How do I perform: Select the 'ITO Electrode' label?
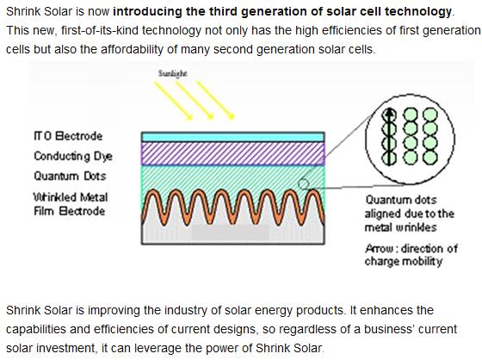click(x=68, y=136)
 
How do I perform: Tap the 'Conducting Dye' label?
click(x=73, y=156)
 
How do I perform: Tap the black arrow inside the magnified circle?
click(x=386, y=133)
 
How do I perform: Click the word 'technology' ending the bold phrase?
click(x=422, y=11)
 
